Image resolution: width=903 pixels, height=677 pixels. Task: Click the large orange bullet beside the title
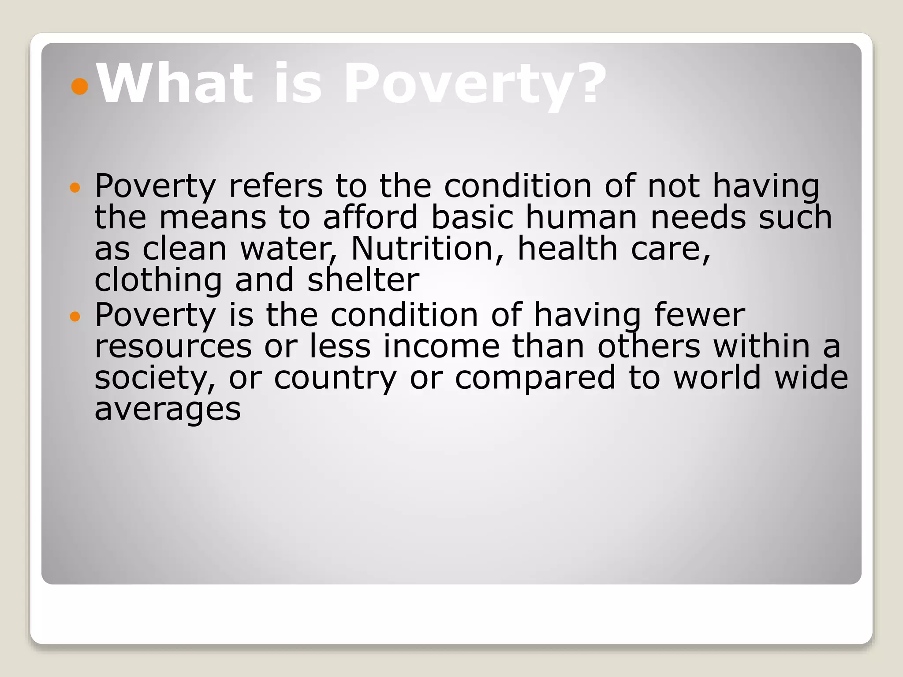tap(80, 86)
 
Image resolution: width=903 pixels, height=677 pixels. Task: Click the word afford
tap(370, 217)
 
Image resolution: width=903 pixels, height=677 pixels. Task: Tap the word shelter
tap(363, 280)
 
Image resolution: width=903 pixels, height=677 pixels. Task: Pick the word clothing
tap(158, 281)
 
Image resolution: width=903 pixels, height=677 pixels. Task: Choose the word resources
tap(173, 347)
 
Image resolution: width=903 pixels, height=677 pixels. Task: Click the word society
tap(155, 378)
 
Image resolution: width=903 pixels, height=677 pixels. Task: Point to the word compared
tap(535, 379)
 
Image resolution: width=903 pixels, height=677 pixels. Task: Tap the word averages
tap(168, 409)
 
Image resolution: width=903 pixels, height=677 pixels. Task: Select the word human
tap(581, 217)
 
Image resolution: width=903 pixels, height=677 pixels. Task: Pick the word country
tap(335, 379)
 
